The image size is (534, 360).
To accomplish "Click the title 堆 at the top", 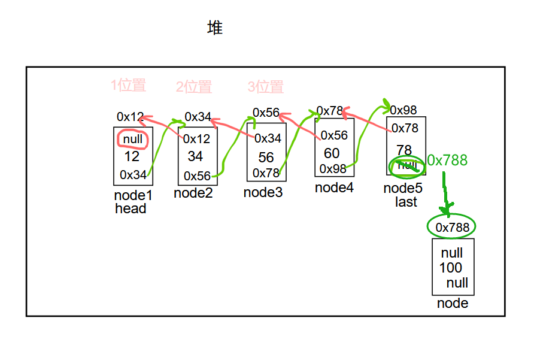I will click(215, 28).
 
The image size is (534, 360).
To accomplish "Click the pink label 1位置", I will click(129, 85).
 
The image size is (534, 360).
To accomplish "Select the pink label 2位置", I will click(194, 87).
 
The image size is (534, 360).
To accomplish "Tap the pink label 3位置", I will click(266, 87).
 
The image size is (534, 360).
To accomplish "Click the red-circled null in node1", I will click(133, 140).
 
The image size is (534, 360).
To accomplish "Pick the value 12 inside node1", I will click(132, 156).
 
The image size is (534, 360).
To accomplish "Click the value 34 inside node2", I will click(195, 156).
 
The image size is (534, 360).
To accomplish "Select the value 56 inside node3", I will click(266, 157).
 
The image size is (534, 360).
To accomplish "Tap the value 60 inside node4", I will click(332, 153).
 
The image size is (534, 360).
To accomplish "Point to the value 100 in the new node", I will click(451, 268).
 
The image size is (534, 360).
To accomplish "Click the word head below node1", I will click(131, 208).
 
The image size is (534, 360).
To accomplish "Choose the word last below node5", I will click(406, 202).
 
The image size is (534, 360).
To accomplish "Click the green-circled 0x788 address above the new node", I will click(452, 227).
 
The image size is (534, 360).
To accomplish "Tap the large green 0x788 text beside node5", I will click(447, 160).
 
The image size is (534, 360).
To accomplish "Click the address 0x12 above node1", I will click(130, 116).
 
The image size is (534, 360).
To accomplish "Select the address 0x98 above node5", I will click(403, 110).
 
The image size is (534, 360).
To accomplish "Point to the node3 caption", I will click(263, 192).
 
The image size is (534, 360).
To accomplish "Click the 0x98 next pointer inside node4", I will click(333, 169).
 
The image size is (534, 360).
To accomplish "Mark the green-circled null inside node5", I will click(406, 165).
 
